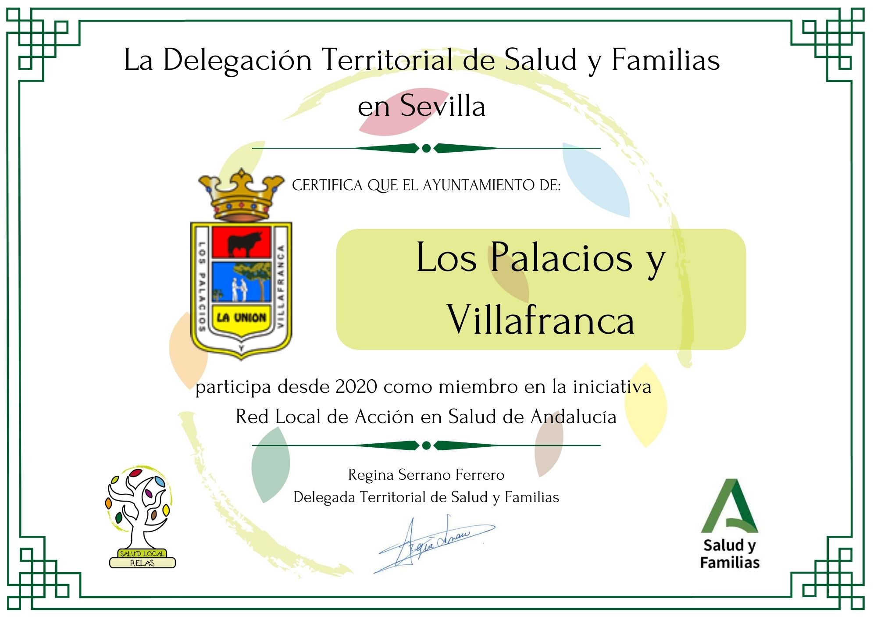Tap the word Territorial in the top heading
(387, 60)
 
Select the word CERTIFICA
(328, 185)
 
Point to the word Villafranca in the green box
(540, 319)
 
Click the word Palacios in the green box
(561, 257)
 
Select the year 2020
(357, 387)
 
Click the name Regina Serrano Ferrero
(426, 474)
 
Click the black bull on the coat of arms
(244, 243)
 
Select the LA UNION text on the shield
(241, 317)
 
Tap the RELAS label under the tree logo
(142, 563)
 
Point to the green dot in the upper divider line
(426, 148)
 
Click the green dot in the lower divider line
(426, 445)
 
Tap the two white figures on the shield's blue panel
(239, 290)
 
